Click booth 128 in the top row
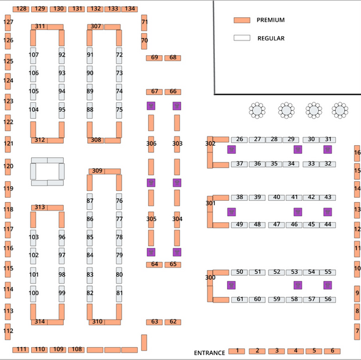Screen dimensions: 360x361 pos(21,9)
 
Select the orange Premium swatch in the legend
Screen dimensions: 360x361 pos(242,20)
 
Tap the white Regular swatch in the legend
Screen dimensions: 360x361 pos(242,38)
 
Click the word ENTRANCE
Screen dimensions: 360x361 pos(209,353)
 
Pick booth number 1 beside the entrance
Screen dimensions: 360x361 pos(237,351)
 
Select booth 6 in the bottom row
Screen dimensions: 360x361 pos(332,351)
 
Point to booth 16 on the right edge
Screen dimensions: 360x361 pos(357,152)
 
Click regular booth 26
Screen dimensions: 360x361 pos(240,140)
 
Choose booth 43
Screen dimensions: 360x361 pos(328,197)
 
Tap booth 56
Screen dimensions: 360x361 pos(328,299)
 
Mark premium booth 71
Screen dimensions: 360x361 pos(144,22)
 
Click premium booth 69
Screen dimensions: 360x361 pos(154,58)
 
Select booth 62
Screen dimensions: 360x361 pos(173,321)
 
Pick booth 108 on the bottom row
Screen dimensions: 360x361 pos(76,349)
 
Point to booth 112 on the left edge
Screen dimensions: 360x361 pos(8,331)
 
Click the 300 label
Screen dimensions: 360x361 pos(210,277)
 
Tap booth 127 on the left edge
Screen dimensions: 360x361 pos(8,22)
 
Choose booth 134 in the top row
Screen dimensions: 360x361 pos(129,9)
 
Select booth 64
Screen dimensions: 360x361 pos(154,264)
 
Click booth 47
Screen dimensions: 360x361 pos(277,224)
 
